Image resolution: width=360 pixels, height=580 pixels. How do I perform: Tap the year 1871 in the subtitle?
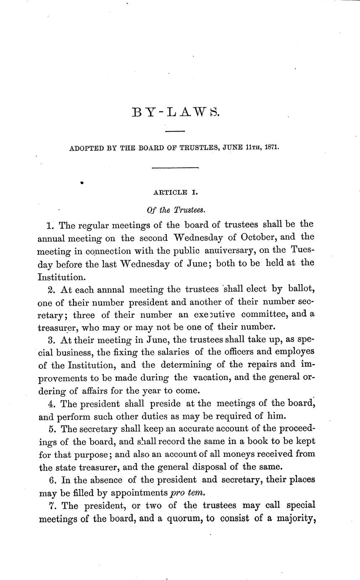tap(271, 148)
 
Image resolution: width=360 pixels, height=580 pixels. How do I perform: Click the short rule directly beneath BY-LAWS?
tap(175, 132)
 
